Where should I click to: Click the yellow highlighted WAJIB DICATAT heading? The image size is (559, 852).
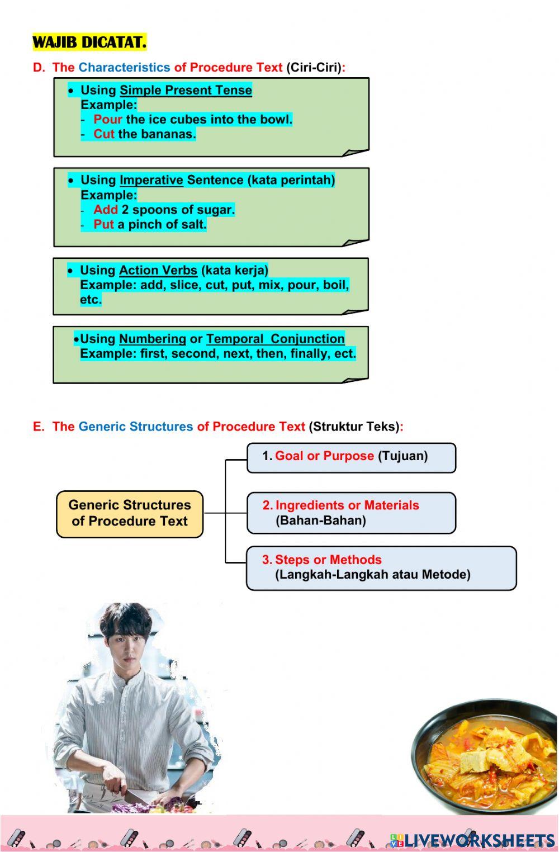(89, 42)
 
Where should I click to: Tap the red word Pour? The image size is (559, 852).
(107, 119)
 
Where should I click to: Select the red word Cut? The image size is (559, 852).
(103, 134)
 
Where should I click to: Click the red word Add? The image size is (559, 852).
(105, 210)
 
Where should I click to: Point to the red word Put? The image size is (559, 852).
(103, 224)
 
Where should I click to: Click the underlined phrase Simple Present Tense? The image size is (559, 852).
(186, 91)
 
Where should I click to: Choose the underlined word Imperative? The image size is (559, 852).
(151, 180)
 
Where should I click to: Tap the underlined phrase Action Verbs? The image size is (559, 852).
(158, 271)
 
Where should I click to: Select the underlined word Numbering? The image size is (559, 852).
(152, 339)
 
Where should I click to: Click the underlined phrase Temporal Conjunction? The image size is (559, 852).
(275, 339)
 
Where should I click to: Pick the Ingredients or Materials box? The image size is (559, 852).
(351, 513)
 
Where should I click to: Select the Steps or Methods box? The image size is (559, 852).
(381, 568)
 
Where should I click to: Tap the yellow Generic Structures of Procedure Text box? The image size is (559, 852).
(130, 514)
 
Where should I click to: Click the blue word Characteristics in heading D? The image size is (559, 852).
(124, 68)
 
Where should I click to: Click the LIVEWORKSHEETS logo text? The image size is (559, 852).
(478, 840)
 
